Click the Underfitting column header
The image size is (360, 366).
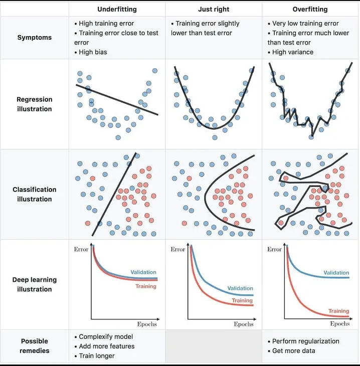[117, 10]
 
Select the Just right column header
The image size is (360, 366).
[214, 10]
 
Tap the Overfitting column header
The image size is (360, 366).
[310, 10]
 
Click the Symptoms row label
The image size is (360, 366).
[34, 38]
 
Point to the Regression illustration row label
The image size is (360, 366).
[34, 104]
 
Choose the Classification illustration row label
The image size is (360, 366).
[34, 194]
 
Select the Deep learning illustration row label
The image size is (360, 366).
[34, 284]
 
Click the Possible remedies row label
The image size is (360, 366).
[34, 346]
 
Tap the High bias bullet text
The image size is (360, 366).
[93, 52]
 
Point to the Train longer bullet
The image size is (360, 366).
[97, 356]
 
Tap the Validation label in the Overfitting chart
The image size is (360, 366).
[336, 273]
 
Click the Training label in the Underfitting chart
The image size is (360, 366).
[146, 286]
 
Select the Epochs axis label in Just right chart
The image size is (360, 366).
[244, 324]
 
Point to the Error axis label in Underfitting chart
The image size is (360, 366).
[81, 249]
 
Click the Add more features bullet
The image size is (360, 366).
[106, 346]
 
